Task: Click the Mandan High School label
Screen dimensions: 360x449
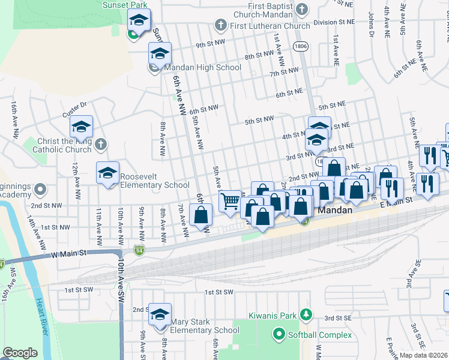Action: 202,68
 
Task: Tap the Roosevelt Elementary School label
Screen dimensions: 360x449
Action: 155,181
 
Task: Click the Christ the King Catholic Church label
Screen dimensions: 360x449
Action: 62,145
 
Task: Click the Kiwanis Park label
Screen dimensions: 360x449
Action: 273,314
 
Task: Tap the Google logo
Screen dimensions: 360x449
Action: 20,353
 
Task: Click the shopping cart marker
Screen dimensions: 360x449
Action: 231,201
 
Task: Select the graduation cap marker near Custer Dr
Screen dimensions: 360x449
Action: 81,127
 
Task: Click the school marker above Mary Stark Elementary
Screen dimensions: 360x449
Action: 160,315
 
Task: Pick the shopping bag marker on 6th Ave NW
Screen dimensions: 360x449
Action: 201,214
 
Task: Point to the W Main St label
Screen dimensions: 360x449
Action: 70,254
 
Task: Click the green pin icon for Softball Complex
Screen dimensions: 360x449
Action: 279,334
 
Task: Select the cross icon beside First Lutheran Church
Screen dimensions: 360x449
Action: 220,25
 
